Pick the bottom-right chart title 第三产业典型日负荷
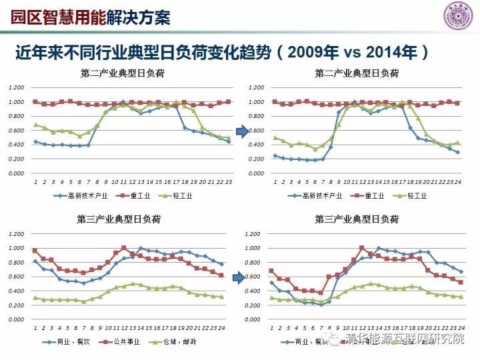[x=357, y=219]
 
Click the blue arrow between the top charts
[x=242, y=131]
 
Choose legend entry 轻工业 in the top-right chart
[x=415, y=196]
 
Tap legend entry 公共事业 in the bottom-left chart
[x=136, y=342]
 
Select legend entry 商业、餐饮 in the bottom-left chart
[x=81, y=342]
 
